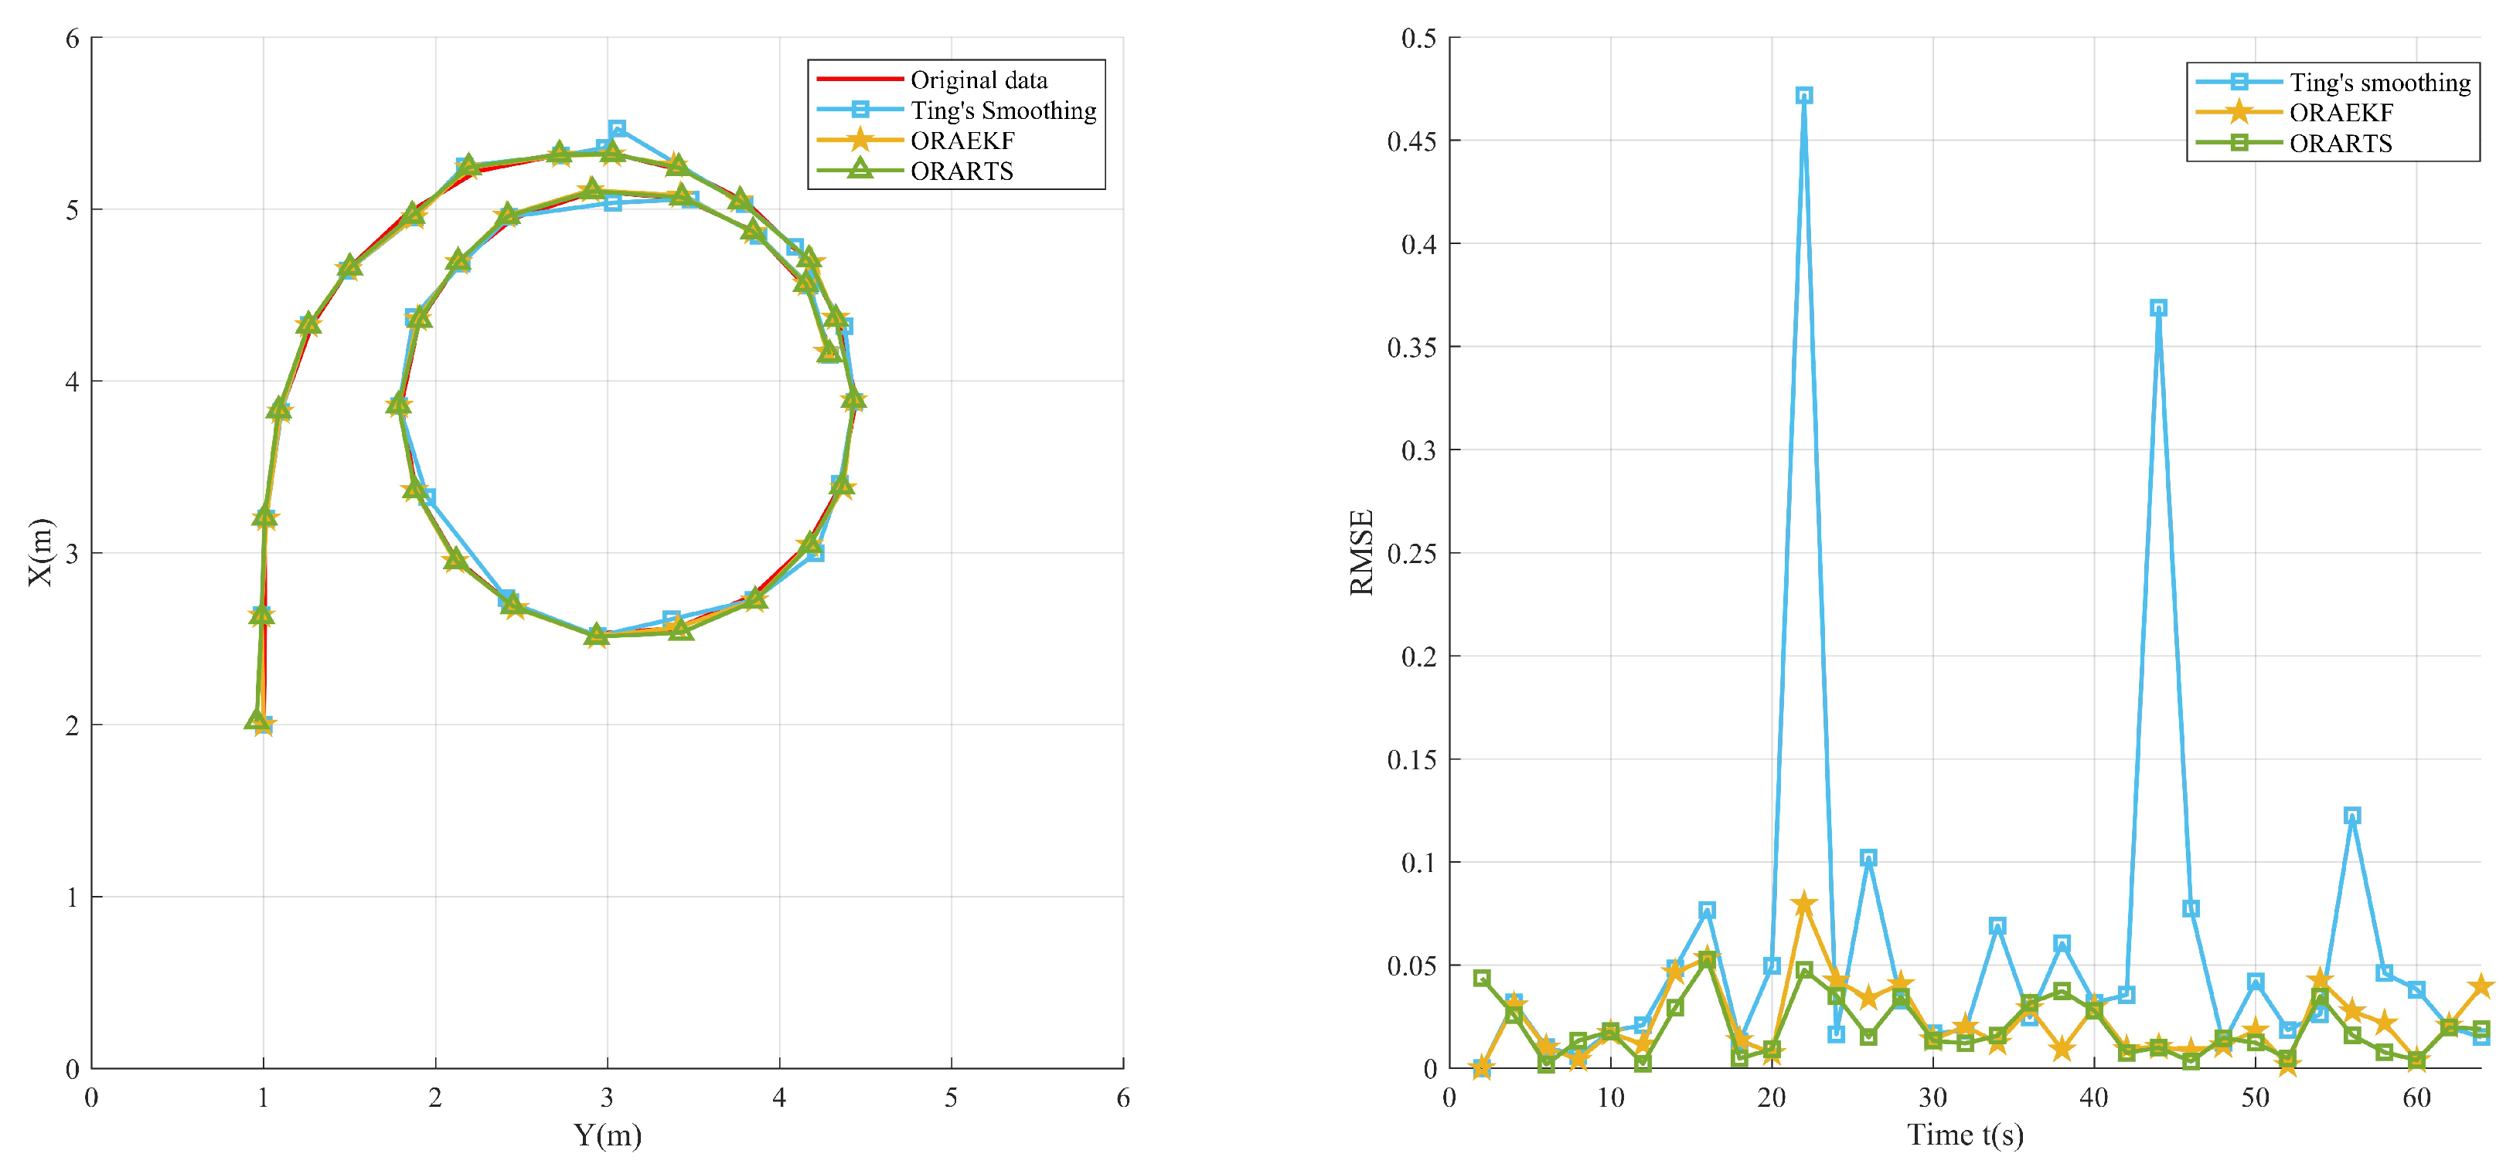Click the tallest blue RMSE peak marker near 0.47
1804,96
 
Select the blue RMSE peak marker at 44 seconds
2159,308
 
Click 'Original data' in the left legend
979,80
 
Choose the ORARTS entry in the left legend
961,171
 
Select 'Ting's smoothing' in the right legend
2379,83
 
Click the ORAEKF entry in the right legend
2341,113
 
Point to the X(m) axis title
39,553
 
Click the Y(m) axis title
607,1136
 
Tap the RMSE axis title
1361,553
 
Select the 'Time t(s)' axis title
1965,1136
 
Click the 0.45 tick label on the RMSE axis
1411,141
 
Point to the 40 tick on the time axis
2093,1098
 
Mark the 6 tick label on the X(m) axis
72,39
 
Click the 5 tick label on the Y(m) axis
951,1098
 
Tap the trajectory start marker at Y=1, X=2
261,724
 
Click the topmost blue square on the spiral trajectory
617,130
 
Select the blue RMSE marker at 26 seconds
1868,858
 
